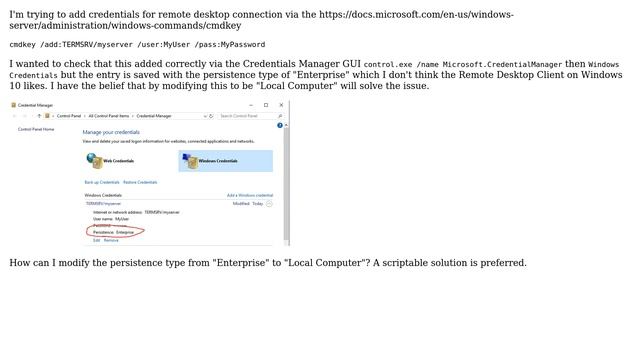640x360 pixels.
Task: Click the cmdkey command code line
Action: click(137, 45)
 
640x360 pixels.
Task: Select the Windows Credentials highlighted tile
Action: click(225, 160)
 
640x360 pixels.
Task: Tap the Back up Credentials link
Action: click(102, 182)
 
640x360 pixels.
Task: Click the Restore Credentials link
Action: click(140, 182)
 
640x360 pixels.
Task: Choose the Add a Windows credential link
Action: click(249, 195)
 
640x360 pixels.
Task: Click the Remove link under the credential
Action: click(111, 240)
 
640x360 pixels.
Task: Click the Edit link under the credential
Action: click(97, 240)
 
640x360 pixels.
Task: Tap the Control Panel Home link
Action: click(36, 129)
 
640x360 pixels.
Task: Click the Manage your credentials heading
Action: click(111, 132)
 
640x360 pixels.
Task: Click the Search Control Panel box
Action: click(244, 116)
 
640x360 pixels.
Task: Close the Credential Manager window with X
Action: click(280, 104)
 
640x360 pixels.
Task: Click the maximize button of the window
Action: click(266, 104)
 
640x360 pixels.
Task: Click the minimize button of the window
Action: click(252, 104)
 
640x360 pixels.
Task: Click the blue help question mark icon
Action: click(280, 125)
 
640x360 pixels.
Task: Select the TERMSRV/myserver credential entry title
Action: click(103, 203)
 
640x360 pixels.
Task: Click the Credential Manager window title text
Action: click(36, 104)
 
